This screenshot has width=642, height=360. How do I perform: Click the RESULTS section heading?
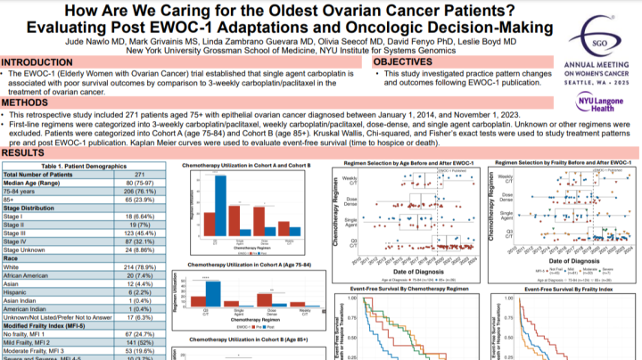coord(25,152)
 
